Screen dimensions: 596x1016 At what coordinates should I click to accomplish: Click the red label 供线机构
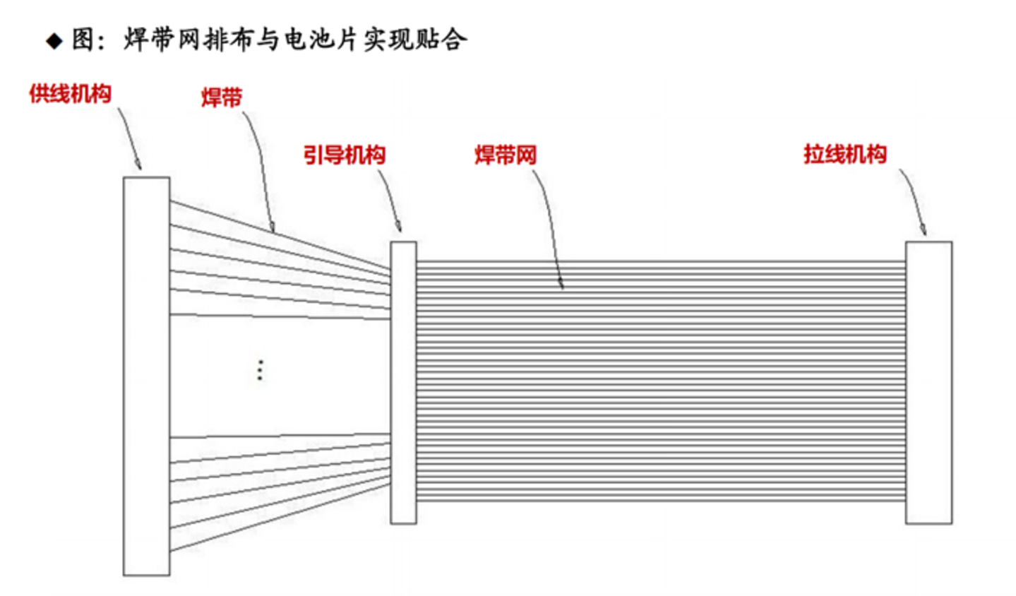70,94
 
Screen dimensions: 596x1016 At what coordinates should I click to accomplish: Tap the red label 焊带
221,97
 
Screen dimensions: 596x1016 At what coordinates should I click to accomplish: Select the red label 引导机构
345,155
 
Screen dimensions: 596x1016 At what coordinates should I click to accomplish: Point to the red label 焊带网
506,155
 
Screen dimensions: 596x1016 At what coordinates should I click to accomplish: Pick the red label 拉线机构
844,154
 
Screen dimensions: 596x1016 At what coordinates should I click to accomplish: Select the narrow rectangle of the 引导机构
403,382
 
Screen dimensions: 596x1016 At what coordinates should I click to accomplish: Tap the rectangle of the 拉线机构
928,382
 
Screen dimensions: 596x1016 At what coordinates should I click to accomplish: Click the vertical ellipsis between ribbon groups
260,370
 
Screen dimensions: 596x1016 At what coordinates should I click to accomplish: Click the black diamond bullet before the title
54,41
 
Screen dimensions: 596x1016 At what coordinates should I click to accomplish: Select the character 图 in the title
83,40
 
